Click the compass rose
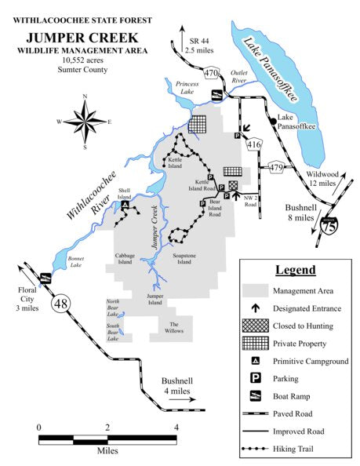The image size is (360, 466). pyautogui.click(x=84, y=121)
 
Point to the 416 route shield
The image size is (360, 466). pyautogui.click(x=253, y=144)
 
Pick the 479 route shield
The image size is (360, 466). pyautogui.click(x=276, y=167)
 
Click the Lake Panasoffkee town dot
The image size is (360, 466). pyautogui.click(x=272, y=121)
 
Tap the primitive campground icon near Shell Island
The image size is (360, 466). pyautogui.click(x=125, y=206)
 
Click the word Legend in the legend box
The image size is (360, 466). pyautogui.click(x=295, y=270)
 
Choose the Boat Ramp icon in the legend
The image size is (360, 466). pyautogui.click(x=255, y=395)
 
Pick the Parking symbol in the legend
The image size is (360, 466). pyautogui.click(x=255, y=378)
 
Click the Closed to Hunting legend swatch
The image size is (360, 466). pyautogui.click(x=255, y=325)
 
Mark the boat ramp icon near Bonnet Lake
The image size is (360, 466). pyautogui.click(x=45, y=277)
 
